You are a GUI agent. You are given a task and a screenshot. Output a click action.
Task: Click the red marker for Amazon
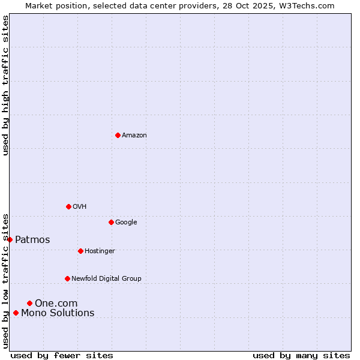(x=118, y=135)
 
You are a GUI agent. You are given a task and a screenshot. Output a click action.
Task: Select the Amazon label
(x=134, y=136)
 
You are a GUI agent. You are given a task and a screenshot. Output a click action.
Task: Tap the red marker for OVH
(x=68, y=206)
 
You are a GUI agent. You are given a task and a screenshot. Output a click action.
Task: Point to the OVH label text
(x=80, y=207)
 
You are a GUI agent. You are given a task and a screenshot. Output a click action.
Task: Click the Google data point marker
(x=111, y=222)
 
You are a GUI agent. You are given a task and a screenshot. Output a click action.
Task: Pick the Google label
(x=126, y=223)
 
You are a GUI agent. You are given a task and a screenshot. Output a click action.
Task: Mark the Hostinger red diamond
(x=80, y=251)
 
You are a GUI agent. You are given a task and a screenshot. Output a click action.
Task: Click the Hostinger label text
(x=100, y=251)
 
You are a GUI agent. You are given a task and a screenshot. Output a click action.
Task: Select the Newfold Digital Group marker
(x=67, y=278)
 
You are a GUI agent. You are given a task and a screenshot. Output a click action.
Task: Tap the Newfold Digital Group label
(x=106, y=279)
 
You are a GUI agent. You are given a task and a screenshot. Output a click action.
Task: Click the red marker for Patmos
(x=10, y=239)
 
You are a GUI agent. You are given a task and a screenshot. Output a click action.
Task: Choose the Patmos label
(x=32, y=240)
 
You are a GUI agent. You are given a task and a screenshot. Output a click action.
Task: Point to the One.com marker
(x=29, y=303)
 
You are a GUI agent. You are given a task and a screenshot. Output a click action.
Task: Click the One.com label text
(x=56, y=304)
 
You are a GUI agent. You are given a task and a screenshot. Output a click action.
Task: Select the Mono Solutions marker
(x=16, y=313)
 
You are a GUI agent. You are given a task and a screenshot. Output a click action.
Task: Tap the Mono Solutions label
(x=58, y=313)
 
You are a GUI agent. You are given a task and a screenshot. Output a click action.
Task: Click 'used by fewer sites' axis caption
(x=62, y=356)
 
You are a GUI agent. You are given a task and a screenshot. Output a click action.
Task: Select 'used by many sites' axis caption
(x=301, y=356)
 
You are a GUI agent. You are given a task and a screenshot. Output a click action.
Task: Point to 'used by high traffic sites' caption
(x=5, y=85)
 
